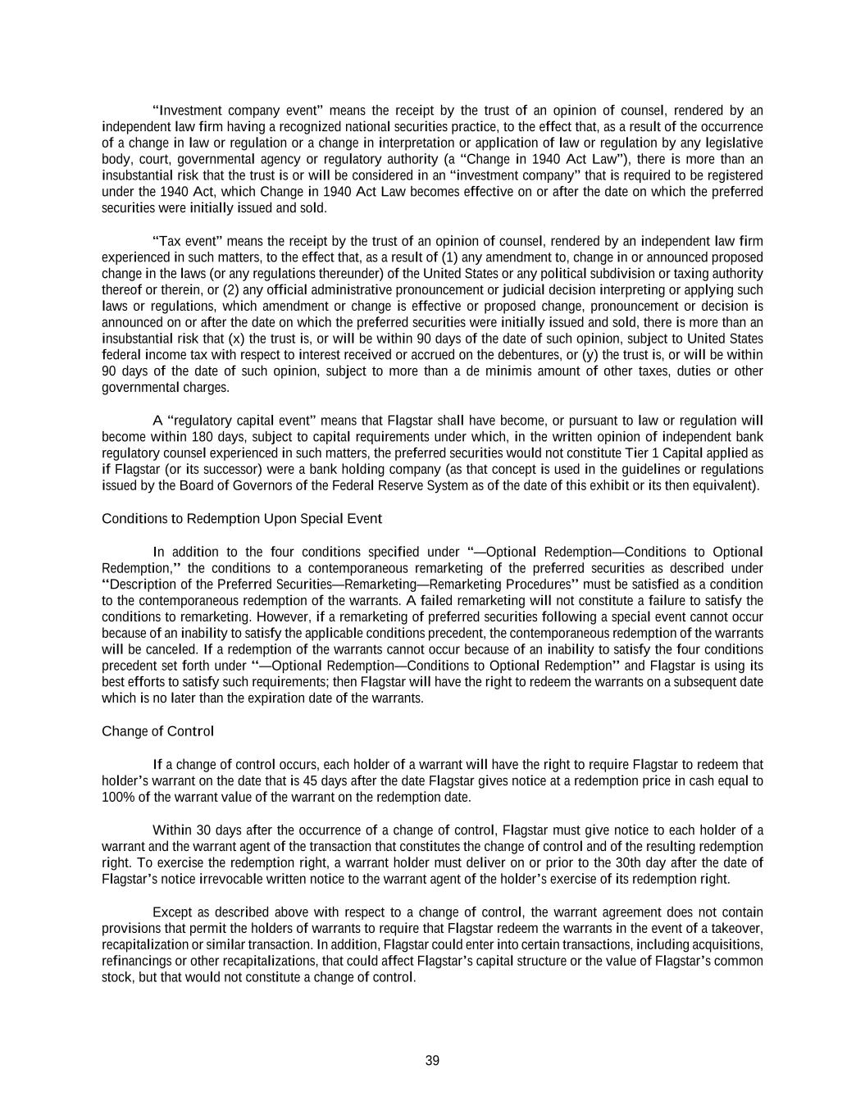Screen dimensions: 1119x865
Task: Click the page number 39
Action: pos(432,1061)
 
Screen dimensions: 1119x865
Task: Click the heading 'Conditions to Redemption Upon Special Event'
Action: pos(241,519)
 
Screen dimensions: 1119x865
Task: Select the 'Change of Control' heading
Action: pos(157,731)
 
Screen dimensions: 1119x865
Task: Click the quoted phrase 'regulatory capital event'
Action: pos(247,421)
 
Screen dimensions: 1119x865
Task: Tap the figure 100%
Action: pos(116,798)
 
